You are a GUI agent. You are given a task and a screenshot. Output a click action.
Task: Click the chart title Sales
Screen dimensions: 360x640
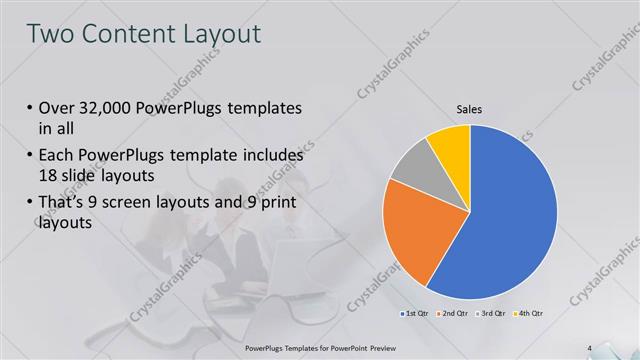pyautogui.click(x=470, y=109)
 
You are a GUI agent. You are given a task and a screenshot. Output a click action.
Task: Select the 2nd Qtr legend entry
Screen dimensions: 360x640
pyautogui.click(x=451, y=314)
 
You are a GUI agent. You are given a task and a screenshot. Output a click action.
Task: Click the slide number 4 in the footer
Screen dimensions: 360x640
pyautogui.click(x=590, y=348)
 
